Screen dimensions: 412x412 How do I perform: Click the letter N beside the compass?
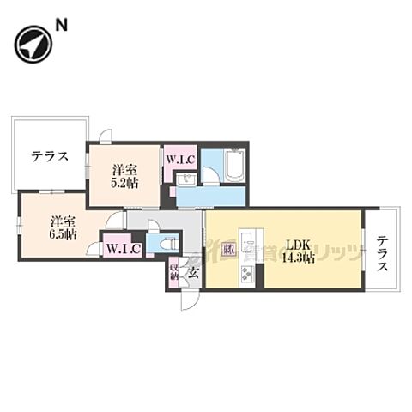point(62,27)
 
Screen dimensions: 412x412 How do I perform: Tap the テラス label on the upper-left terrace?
point(48,157)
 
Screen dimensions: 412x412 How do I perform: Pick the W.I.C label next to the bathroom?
point(180,159)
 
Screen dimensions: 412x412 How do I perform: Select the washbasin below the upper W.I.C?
point(186,179)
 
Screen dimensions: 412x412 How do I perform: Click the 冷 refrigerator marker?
point(228,251)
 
